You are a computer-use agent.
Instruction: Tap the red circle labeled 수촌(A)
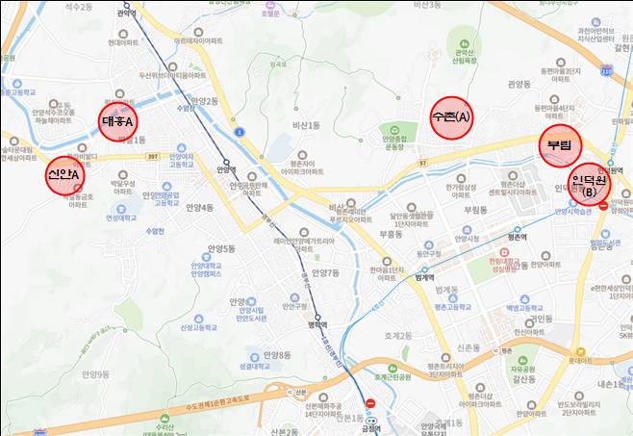(452, 116)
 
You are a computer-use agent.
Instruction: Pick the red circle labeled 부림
(560, 144)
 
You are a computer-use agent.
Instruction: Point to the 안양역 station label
(227, 172)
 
